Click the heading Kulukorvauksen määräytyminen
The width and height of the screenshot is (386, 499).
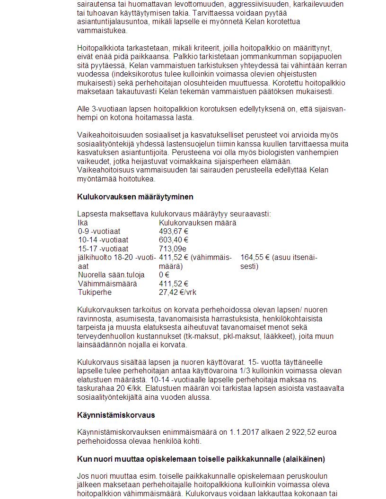(x=135, y=197)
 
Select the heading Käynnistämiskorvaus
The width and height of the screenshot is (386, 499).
(x=116, y=415)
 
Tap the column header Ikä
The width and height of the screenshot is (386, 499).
(x=82, y=223)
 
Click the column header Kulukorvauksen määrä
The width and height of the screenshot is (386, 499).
(x=197, y=223)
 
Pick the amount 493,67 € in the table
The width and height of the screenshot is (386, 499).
(x=174, y=232)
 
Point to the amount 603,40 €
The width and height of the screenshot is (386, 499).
(x=174, y=240)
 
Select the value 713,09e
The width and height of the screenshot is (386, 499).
(x=173, y=249)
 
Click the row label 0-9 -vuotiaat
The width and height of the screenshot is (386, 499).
(x=99, y=232)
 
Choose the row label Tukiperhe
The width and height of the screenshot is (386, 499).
(x=95, y=293)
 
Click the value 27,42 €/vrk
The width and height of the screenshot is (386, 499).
(x=177, y=293)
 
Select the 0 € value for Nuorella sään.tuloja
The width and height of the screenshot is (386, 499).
(x=164, y=275)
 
